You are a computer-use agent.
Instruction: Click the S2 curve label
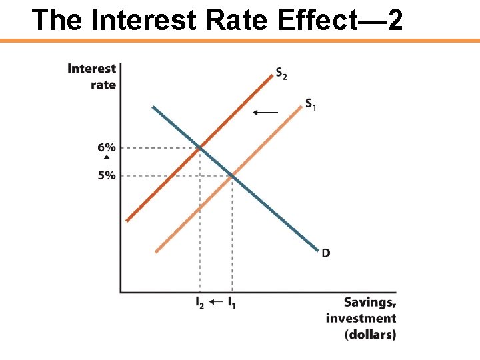click(281, 74)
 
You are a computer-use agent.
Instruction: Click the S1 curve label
click(311, 104)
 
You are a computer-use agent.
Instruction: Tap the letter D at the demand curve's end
click(326, 253)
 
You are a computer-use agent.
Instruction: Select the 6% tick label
click(107, 147)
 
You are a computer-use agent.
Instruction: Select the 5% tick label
click(107, 175)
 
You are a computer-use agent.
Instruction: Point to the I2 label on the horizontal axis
click(200, 303)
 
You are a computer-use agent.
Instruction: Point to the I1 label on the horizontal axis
click(231, 303)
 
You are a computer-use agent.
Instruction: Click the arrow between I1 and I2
click(215, 303)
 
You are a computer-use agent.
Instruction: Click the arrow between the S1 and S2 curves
click(265, 113)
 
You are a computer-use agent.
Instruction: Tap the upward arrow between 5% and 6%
click(107, 161)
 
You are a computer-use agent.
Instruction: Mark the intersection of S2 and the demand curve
click(200, 147)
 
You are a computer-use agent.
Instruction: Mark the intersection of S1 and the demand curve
click(232, 175)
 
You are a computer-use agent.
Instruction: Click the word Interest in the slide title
click(127, 20)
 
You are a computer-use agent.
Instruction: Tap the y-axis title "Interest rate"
click(93, 76)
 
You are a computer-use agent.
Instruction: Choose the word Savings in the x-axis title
click(370, 302)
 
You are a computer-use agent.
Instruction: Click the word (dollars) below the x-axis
click(370, 334)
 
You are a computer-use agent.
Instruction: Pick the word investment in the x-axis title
click(361, 318)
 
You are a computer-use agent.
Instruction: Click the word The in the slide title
click(57, 20)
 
